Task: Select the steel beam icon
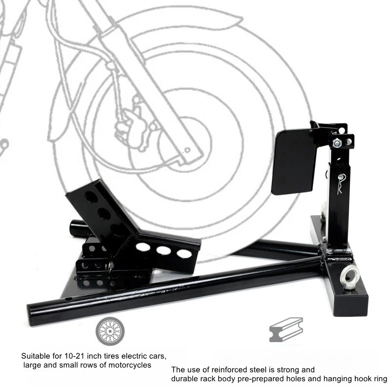pyautogui.click(x=286, y=329)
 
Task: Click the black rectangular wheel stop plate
pyautogui.click(x=295, y=161)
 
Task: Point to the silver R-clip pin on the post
pyautogui.click(x=338, y=184)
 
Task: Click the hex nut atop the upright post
pyautogui.click(x=337, y=144)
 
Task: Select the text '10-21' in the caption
pyautogui.click(x=71, y=355)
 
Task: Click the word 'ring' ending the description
pyautogui.click(x=380, y=379)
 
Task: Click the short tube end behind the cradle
pyautogui.click(x=77, y=228)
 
